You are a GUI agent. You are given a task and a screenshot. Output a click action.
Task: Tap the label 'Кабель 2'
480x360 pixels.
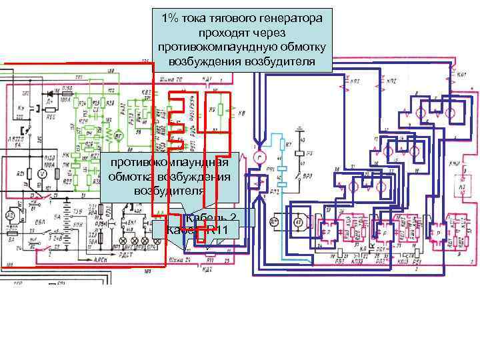tap(213, 219)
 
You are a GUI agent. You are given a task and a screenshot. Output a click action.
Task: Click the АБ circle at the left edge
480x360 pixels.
tap(9, 217)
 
